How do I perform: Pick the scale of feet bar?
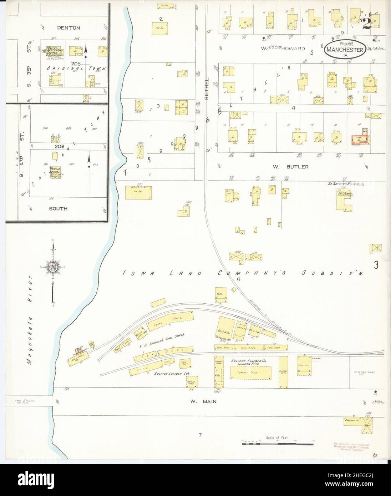pyautogui.click(x=273, y=443)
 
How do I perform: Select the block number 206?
pyautogui.click(x=59, y=146)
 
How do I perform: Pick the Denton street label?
pyautogui.click(x=70, y=28)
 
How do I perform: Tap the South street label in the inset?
pyautogui.click(x=59, y=208)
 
